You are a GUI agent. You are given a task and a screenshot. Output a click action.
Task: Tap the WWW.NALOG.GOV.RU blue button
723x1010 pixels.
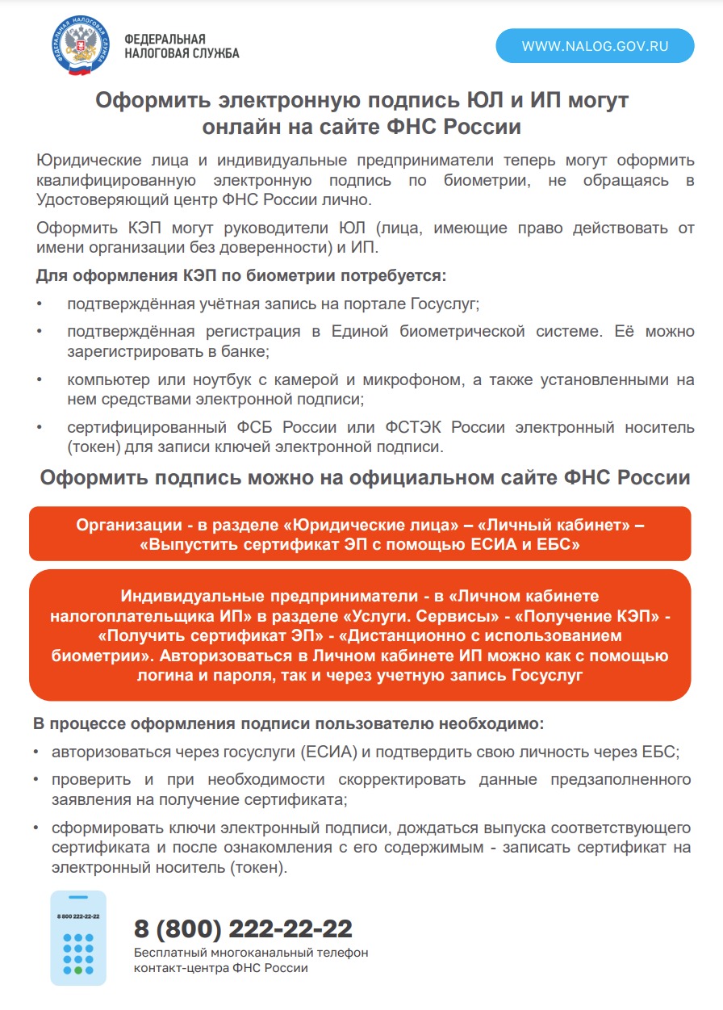pyautogui.click(x=595, y=46)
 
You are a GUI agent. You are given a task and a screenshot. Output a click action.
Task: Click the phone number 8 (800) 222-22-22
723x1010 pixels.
pyautogui.click(x=243, y=929)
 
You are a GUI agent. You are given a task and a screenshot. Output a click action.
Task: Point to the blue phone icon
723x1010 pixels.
pyautogui.click(x=78, y=937)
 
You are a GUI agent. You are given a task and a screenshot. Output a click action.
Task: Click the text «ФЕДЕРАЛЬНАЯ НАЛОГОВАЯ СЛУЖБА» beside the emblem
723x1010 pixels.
pyautogui.click(x=182, y=46)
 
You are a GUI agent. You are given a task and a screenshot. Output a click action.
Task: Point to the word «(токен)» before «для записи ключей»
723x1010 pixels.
pyautogui.click(x=94, y=446)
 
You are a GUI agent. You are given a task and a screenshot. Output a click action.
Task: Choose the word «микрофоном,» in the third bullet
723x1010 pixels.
pyautogui.click(x=481, y=380)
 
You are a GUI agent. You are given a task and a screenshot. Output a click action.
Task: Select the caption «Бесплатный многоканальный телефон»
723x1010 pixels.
pyautogui.click(x=251, y=953)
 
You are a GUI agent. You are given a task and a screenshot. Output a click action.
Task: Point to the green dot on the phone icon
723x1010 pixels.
pyautogui.click(x=78, y=969)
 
